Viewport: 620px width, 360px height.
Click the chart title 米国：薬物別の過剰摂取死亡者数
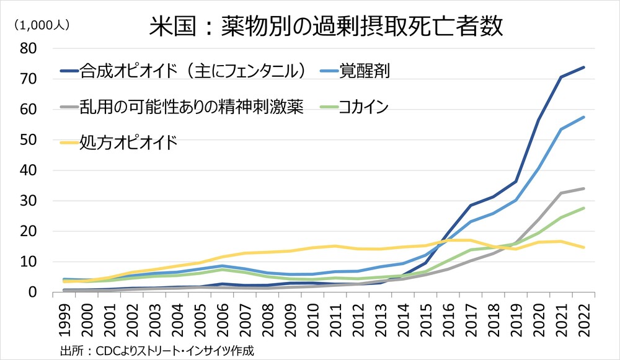325,28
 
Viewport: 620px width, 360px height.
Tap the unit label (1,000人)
42,25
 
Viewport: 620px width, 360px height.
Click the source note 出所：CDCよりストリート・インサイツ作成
157,350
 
